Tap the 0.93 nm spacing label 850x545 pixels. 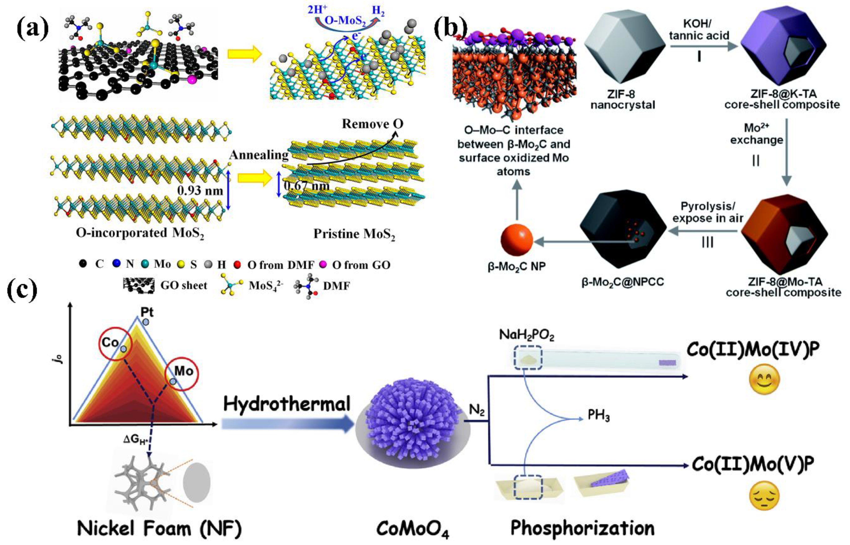200,191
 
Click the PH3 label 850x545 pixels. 599,415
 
